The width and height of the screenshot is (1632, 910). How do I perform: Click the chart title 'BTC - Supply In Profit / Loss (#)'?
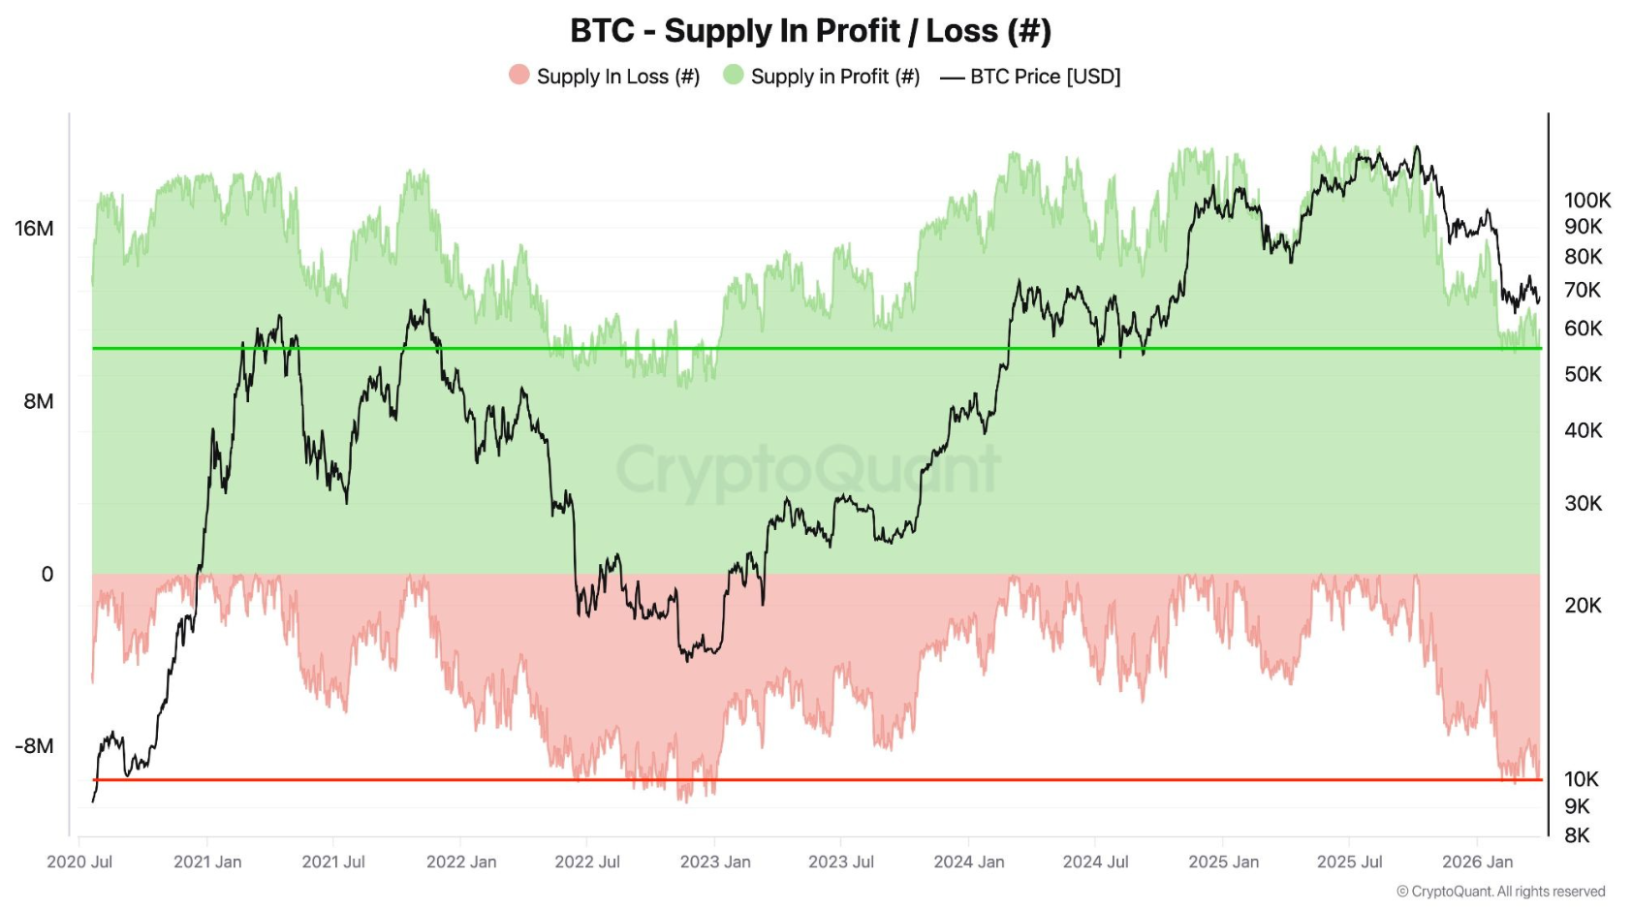(810, 31)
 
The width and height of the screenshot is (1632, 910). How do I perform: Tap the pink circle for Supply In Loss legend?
(519, 75)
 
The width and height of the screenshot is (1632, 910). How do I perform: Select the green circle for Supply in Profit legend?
(734, 75)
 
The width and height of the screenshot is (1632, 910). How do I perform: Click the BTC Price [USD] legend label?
(1045, 77)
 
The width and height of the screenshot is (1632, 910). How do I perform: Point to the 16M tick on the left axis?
(34, 229)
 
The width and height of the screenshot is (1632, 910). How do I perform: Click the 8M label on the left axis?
(38, 401)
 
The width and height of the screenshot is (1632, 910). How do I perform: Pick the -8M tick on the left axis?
(34, 746)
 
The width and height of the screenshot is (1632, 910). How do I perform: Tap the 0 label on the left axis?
(47, 575)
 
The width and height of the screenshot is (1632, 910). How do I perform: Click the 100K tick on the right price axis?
(1587, 201)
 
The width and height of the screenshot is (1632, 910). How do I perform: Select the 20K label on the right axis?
(1583, 606)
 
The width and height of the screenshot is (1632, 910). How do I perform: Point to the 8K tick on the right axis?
(1577, 835)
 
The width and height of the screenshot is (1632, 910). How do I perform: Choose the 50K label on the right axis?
(1583, 374)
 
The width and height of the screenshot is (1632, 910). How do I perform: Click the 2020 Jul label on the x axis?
(79, 862)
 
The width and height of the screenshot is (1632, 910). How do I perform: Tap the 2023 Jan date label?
(715, 862)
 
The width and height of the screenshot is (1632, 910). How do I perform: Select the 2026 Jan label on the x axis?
(1477, 862)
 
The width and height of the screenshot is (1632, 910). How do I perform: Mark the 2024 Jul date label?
(1095, 862)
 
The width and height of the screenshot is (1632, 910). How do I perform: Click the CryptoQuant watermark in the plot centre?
(808, 470)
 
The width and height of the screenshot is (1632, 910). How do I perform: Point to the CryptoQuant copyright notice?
(1500, 892)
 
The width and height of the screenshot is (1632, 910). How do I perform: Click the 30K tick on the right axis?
(1583, 503)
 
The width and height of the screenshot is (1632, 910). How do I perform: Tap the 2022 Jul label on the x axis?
(587, 862)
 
